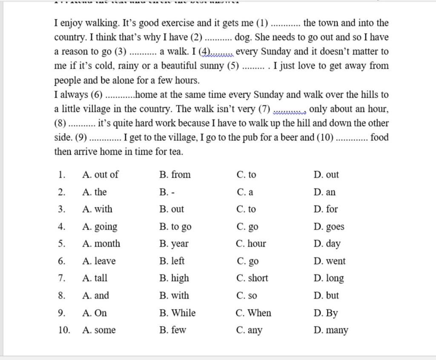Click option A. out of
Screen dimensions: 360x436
100,175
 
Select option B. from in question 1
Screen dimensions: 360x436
175,175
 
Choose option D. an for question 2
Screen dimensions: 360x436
324,192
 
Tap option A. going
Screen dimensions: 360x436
100,227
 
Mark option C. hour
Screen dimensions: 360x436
251,244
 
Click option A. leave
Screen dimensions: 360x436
99,261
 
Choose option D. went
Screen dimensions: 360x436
330,261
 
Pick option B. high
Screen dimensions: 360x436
174,278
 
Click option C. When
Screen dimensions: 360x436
253,313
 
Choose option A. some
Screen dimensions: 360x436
99,330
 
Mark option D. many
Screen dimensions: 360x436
331,330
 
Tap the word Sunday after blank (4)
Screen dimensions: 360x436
278,52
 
